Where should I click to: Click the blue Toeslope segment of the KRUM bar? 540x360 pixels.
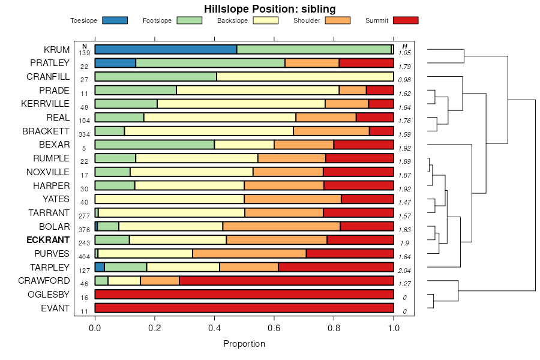(x=166, y=49)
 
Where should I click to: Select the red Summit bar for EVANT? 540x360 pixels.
(x=244, y=308)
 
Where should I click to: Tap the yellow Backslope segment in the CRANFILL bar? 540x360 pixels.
(x=305, y=77)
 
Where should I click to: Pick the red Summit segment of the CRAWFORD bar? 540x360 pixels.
(x=286, y=281)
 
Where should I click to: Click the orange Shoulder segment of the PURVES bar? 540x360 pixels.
(x=249, y=253)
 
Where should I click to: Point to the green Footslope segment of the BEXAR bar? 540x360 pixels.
(x=154, y=145)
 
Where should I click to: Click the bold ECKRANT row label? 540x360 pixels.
(x=48, y=239)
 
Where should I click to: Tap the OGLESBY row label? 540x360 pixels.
(x=49, y=295)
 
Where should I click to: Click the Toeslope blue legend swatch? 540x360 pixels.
(x=115, y=20)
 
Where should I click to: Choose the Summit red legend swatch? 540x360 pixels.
(x=405, y=20)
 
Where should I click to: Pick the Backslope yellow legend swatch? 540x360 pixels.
(x=265, y=20)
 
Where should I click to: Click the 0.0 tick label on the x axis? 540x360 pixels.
(x=95, y=328)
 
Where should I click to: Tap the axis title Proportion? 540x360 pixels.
(x=244, y=344)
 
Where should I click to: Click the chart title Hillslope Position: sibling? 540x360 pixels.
(x=269, y=8)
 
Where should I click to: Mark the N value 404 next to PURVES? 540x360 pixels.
(x=84, y=257)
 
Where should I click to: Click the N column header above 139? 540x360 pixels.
(x=84, y=46)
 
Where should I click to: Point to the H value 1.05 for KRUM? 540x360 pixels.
(x=405, y=53)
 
